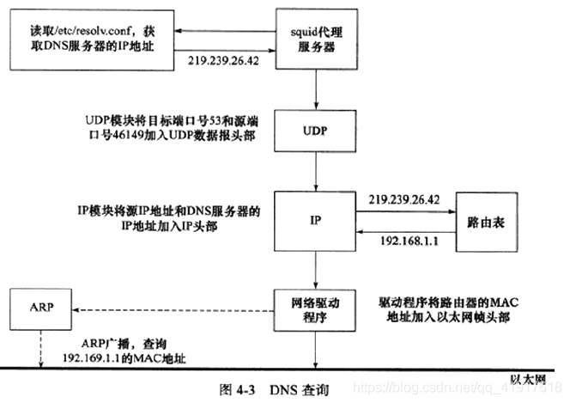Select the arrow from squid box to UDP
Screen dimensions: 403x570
click(x=318, y=86)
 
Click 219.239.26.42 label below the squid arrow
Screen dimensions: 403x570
click(x=225, y=63)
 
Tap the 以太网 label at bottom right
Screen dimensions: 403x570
click(x=529, y=380)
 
